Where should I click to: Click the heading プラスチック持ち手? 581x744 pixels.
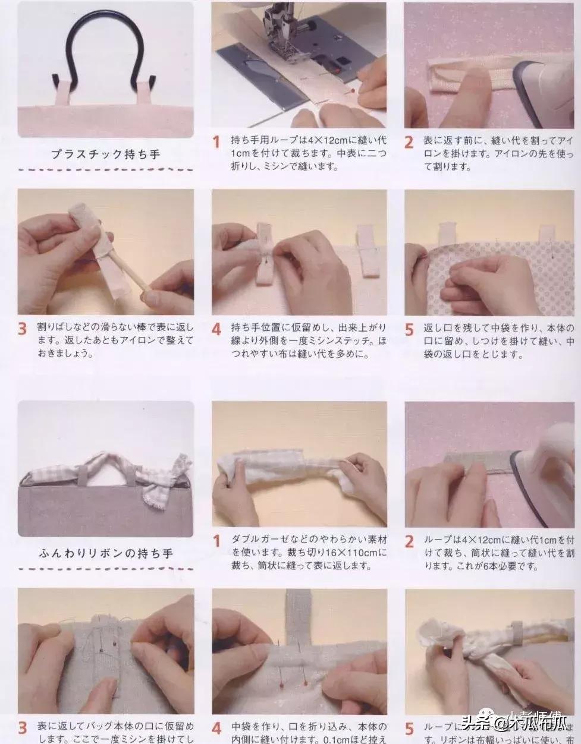(x=105, y=154)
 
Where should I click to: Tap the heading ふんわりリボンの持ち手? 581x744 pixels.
(x=106, y=553)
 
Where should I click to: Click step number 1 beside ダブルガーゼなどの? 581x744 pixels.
(x=216, y=541)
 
